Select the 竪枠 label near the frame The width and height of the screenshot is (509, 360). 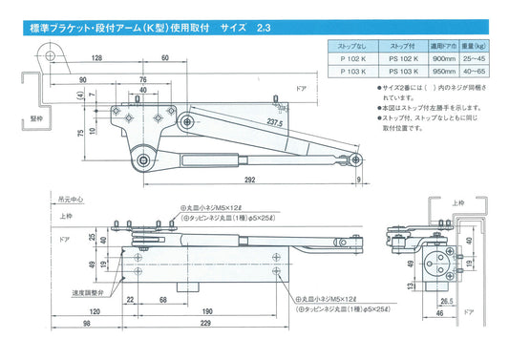pos(35,121)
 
